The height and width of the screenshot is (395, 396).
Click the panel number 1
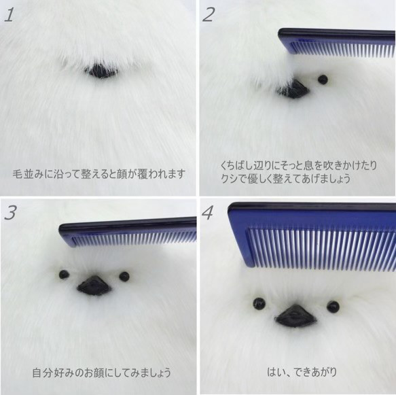[9, 15]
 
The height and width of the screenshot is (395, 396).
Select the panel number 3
[10, 213]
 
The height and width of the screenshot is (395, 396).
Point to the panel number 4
[209, 213]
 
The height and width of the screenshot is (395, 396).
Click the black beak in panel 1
[101, 70]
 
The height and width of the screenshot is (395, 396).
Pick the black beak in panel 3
[94, 286]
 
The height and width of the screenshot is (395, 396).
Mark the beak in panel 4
[295, 315]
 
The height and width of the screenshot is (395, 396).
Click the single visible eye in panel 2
[323, 80]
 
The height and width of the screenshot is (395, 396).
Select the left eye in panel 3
[64, 275]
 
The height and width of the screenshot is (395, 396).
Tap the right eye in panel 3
[124, 276]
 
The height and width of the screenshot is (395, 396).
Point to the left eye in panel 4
[259, 303]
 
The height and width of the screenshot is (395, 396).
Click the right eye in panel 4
[333, 307]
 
